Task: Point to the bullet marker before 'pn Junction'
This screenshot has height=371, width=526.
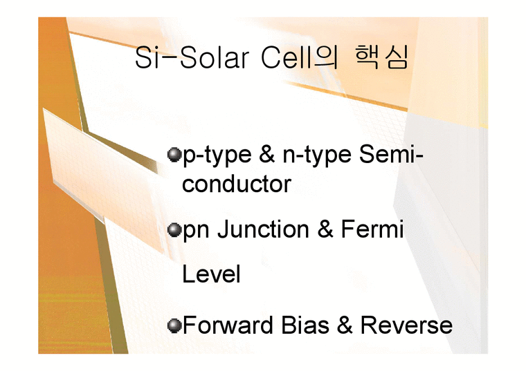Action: (x=174, y=230)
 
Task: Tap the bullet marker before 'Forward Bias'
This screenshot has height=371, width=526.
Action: (x=174, y=325)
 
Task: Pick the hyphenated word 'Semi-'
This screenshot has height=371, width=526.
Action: (x=392, y=156)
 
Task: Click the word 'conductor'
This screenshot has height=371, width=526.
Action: (x=236, y=184)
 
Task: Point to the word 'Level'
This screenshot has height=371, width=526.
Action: (x=211, y=275)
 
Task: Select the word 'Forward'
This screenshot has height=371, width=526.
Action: (x=224, y=325)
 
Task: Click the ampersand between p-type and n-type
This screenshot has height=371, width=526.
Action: (x=266, y=156)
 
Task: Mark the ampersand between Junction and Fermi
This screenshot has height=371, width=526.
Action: (x=325, y=230)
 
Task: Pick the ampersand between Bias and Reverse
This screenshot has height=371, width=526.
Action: (x=345, y=325)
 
